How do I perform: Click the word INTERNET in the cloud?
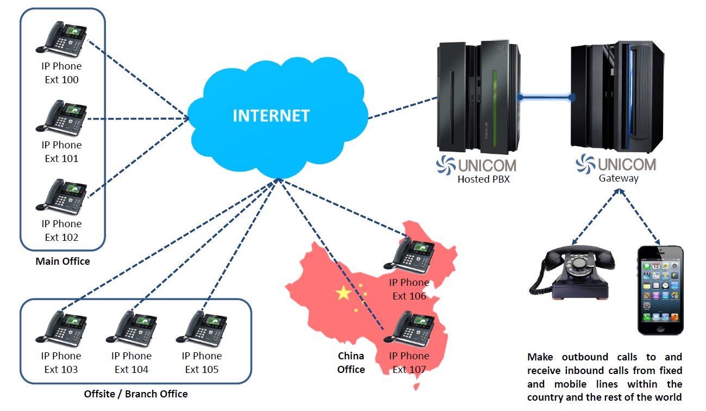tap(271, 116)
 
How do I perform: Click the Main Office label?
tap(63, 261)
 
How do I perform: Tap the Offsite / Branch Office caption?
tap(136, 394)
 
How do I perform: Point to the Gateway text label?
tap(618, 178)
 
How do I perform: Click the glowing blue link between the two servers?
tap(546, 98)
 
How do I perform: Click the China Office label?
tap(351, 363)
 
